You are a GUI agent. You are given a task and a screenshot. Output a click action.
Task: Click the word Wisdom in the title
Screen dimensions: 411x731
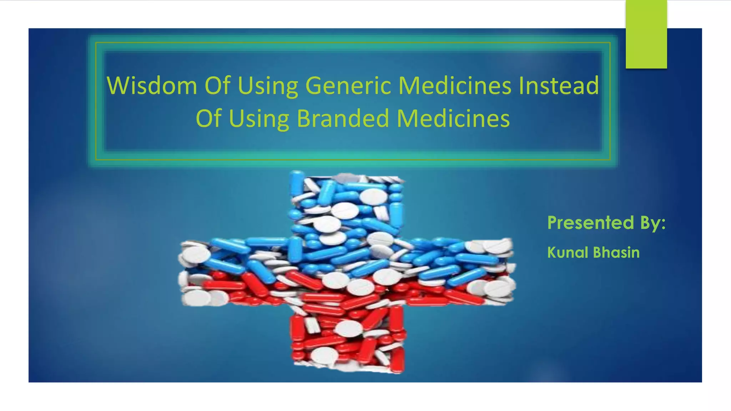click(x=152, y=86)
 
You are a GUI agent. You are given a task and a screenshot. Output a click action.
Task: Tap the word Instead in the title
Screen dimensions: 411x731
click(x=559, y=86)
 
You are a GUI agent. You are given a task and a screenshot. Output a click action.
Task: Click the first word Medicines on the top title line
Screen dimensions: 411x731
click(x=455, y=86)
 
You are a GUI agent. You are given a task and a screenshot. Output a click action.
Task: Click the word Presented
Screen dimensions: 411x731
click(x=590, y=223)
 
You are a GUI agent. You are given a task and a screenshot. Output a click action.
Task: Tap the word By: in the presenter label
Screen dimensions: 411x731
click(x=653, y=223)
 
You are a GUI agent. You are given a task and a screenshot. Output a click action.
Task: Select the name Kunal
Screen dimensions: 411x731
click(x=568, y=253)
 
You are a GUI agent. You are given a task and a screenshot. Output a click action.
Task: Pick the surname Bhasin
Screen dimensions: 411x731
click(x=616, y=253)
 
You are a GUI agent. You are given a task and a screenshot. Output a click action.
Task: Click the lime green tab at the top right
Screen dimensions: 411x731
click(x=646, y=34)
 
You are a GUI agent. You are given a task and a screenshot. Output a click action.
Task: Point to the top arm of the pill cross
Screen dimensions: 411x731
click(x=346, y=203)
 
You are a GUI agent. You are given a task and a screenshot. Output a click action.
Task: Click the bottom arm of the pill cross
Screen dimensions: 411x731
click(x=348, y=339)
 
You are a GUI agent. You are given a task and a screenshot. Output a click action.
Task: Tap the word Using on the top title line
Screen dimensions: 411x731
click(x=268, y=86)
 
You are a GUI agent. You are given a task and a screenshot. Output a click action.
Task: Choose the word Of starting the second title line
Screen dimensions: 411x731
click(x=208, y=118)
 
